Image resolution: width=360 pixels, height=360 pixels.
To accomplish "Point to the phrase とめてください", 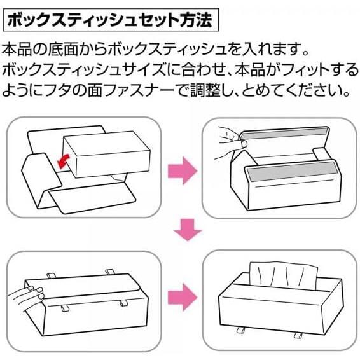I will [x=300, y=90].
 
